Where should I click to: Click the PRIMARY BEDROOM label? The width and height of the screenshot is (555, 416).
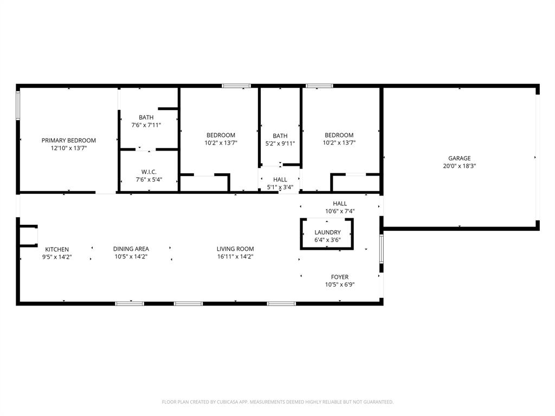click(69, 140)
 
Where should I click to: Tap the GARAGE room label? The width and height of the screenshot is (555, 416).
click(459, 159)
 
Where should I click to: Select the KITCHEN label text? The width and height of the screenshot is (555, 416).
click(57, 249)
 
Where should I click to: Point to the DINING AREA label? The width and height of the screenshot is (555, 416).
click(131, 249)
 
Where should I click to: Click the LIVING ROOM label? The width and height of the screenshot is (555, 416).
click(235, 249)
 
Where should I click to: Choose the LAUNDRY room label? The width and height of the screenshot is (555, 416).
click(327, 232)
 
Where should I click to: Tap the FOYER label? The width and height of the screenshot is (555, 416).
click(340, 277)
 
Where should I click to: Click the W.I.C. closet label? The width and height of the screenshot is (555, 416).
click(149, 172)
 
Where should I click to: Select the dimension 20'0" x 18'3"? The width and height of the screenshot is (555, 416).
click(459, 166)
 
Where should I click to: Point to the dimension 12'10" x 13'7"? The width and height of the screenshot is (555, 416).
click(69, 148)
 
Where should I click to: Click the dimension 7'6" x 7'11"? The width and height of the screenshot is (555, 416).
click(146, 125)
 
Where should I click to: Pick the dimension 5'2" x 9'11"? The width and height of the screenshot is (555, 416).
click(280, 144)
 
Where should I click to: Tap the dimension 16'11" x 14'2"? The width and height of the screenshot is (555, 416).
click(235, 257)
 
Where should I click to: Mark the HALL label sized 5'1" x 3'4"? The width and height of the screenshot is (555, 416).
click(280, 180)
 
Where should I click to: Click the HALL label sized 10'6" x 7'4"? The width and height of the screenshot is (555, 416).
click(340, 204)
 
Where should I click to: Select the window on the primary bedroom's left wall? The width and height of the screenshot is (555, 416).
click(18, 105)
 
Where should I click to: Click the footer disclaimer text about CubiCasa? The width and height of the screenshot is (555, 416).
click(277, 402)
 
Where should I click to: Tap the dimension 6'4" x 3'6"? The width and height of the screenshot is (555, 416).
click(327, 240)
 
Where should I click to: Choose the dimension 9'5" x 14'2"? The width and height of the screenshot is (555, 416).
click(57, 257)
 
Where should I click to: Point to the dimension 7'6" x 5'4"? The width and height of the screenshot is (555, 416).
click(149, 180)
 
